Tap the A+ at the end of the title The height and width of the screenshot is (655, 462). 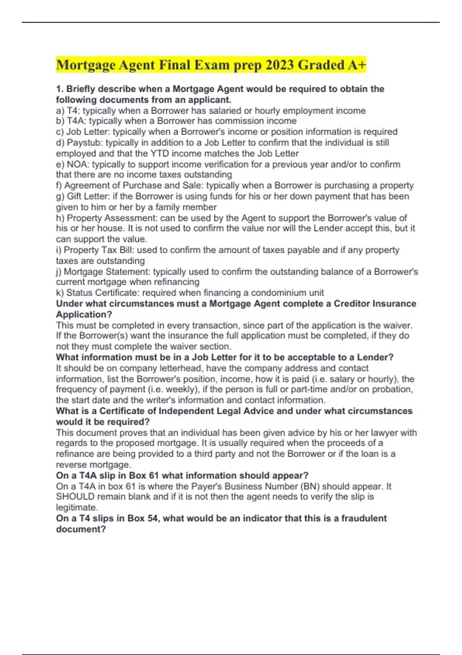(x=357, y=65)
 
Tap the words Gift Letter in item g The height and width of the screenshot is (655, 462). (x=88, y=196)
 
